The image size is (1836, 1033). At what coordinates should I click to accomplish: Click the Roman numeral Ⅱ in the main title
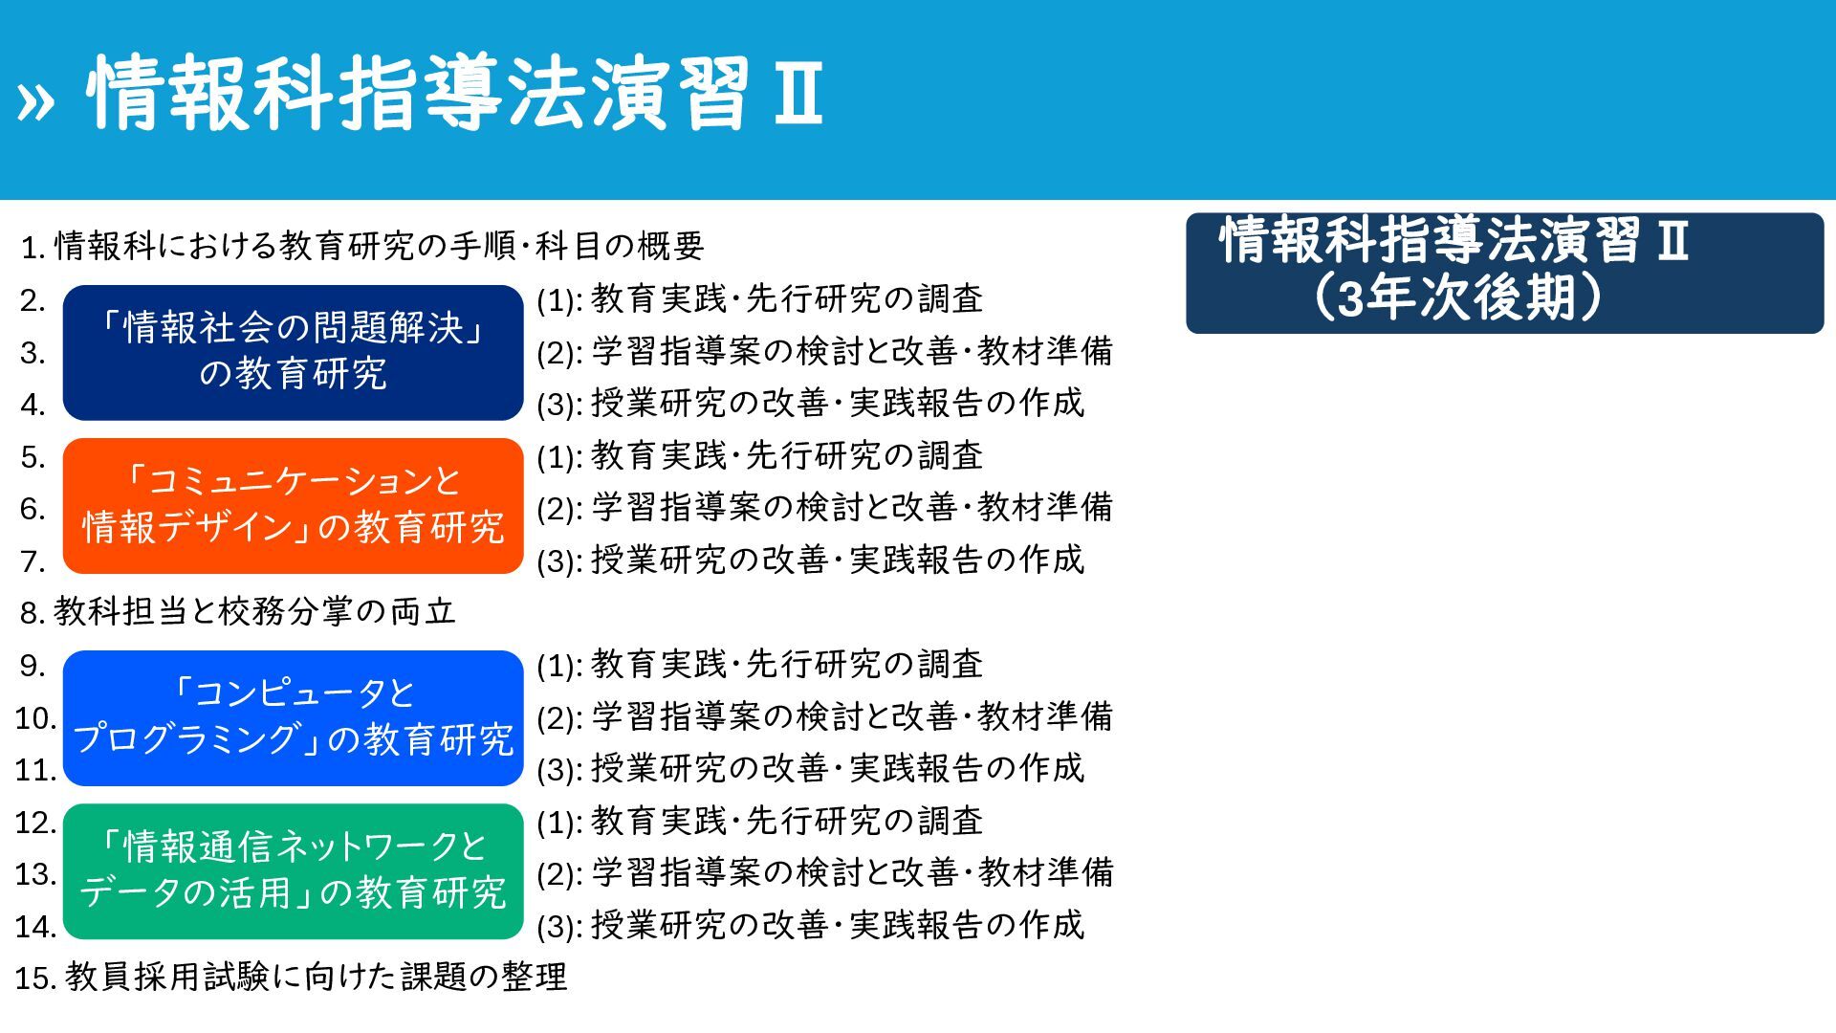coord(798,93)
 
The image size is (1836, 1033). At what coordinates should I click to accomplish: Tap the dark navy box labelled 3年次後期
coord(1504,273)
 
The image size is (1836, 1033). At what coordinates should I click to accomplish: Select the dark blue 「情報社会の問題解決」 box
coord(294,352)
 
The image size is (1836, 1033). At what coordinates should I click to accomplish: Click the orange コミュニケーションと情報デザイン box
coord(294,506)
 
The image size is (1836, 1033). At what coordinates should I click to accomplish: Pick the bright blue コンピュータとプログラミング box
coord(294,717)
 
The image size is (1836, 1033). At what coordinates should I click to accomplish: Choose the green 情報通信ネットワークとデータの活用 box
coord(294,871)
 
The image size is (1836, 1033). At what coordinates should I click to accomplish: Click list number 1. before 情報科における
coord(33,248)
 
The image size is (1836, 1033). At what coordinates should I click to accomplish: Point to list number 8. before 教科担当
coord(33,613)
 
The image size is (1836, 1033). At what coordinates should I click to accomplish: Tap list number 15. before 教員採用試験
coord(36,978)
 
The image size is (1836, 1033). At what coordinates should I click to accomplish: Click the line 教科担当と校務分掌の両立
coord(255,611)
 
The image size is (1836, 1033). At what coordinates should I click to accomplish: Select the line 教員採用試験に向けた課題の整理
coord(317,977)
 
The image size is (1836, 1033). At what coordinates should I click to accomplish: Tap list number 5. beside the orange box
coord(33,457)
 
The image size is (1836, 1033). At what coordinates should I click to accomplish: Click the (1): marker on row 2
coord(559,301)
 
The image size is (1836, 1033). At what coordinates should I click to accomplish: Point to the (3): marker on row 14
coord(559,927)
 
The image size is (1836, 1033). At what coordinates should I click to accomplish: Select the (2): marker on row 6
coord(559,509)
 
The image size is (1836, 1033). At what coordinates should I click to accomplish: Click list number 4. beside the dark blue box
coord(33,405)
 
